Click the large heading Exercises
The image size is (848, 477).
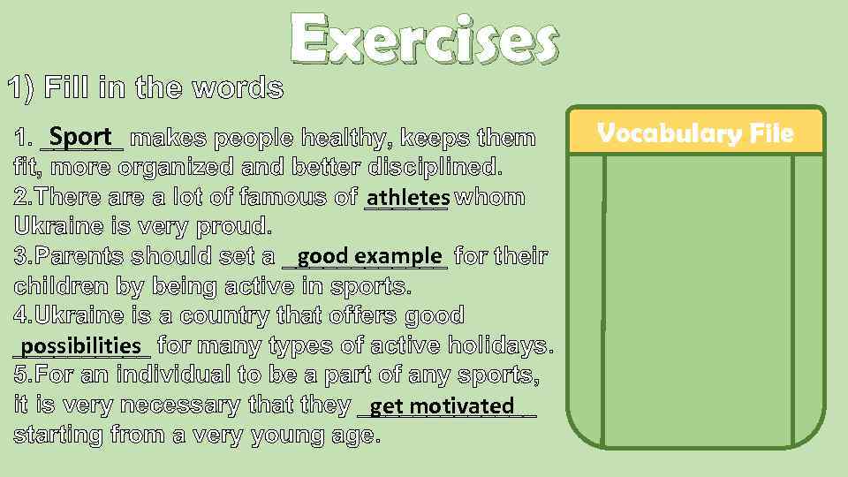click(x=424, y=42)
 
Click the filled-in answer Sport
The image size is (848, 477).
click(x=81, y=137)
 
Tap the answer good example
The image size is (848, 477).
click(x=369, y=256)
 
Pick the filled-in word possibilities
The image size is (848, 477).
click(x=81, y=345)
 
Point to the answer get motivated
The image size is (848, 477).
click(x=442, y=406)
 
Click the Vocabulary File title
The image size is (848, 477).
click(x=695, y=133)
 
